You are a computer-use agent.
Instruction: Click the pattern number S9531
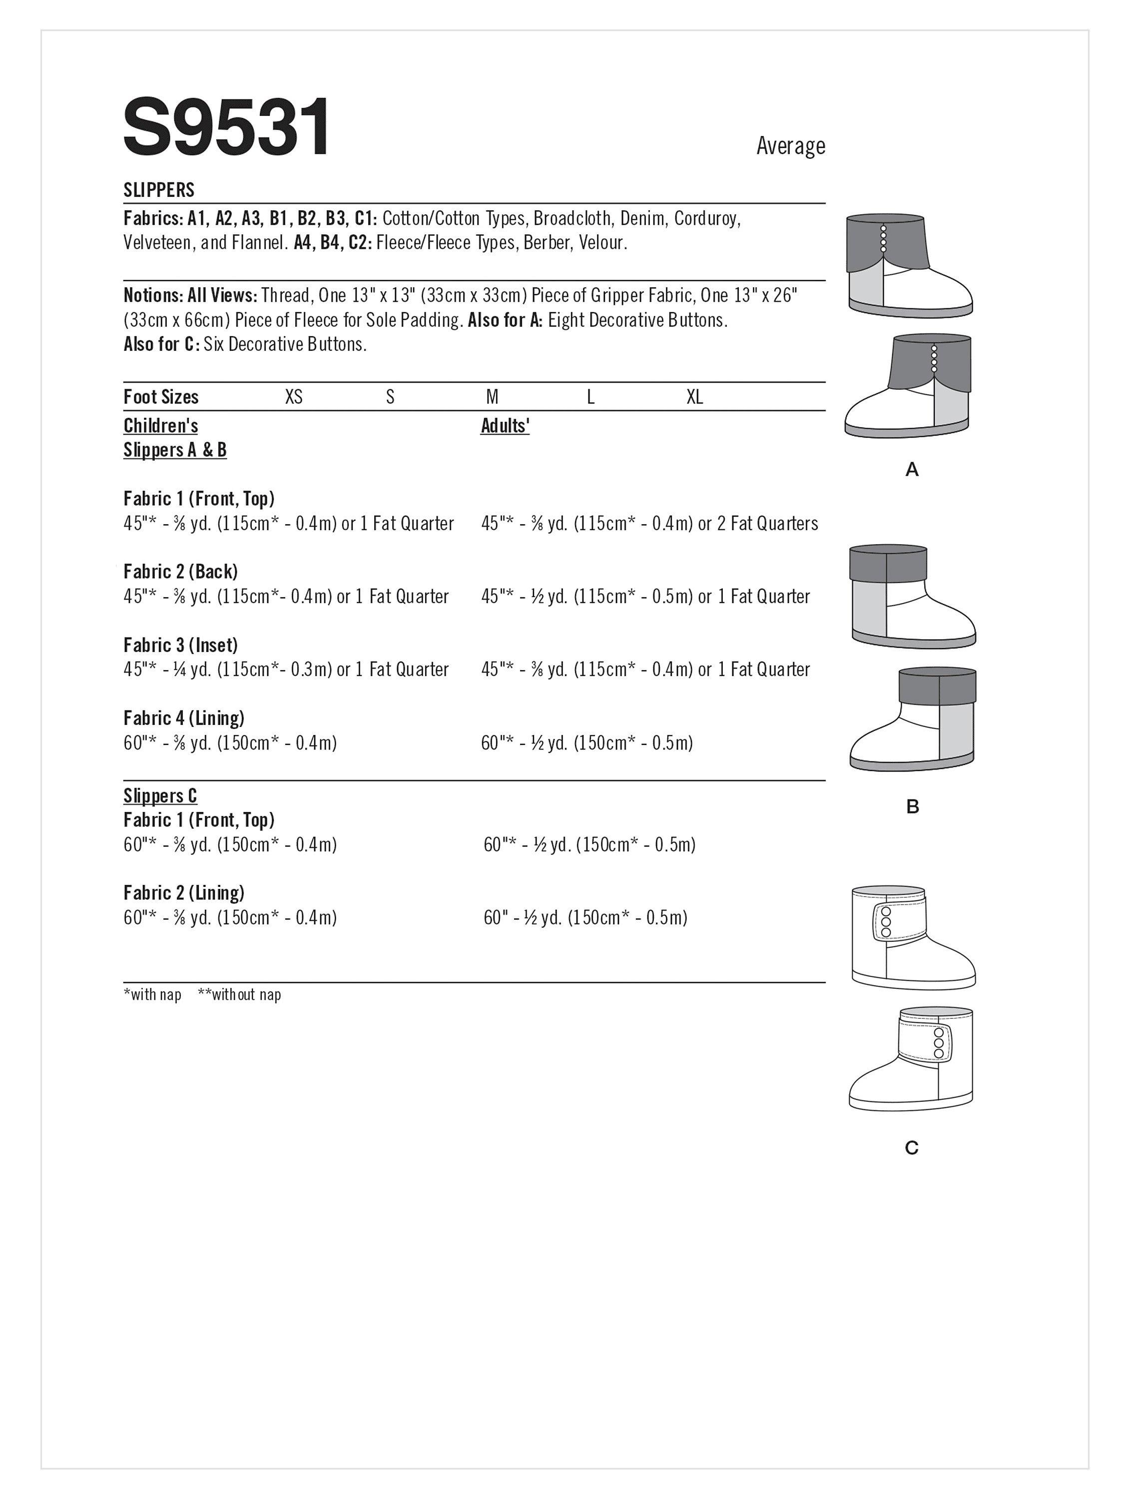pos(227,127)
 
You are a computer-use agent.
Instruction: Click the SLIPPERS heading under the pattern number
pos(158,190)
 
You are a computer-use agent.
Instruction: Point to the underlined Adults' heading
pos(505,426)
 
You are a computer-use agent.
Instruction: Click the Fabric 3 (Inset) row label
pos(180,645)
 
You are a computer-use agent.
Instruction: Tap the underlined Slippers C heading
pos(160,795)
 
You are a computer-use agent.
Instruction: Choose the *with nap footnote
pos(152,995)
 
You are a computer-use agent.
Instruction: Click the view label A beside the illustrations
pos(912,469)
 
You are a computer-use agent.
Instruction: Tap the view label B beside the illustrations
pos(912,806)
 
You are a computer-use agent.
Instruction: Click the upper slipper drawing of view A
pos(908,266)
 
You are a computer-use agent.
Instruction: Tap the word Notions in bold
pos(152,295)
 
